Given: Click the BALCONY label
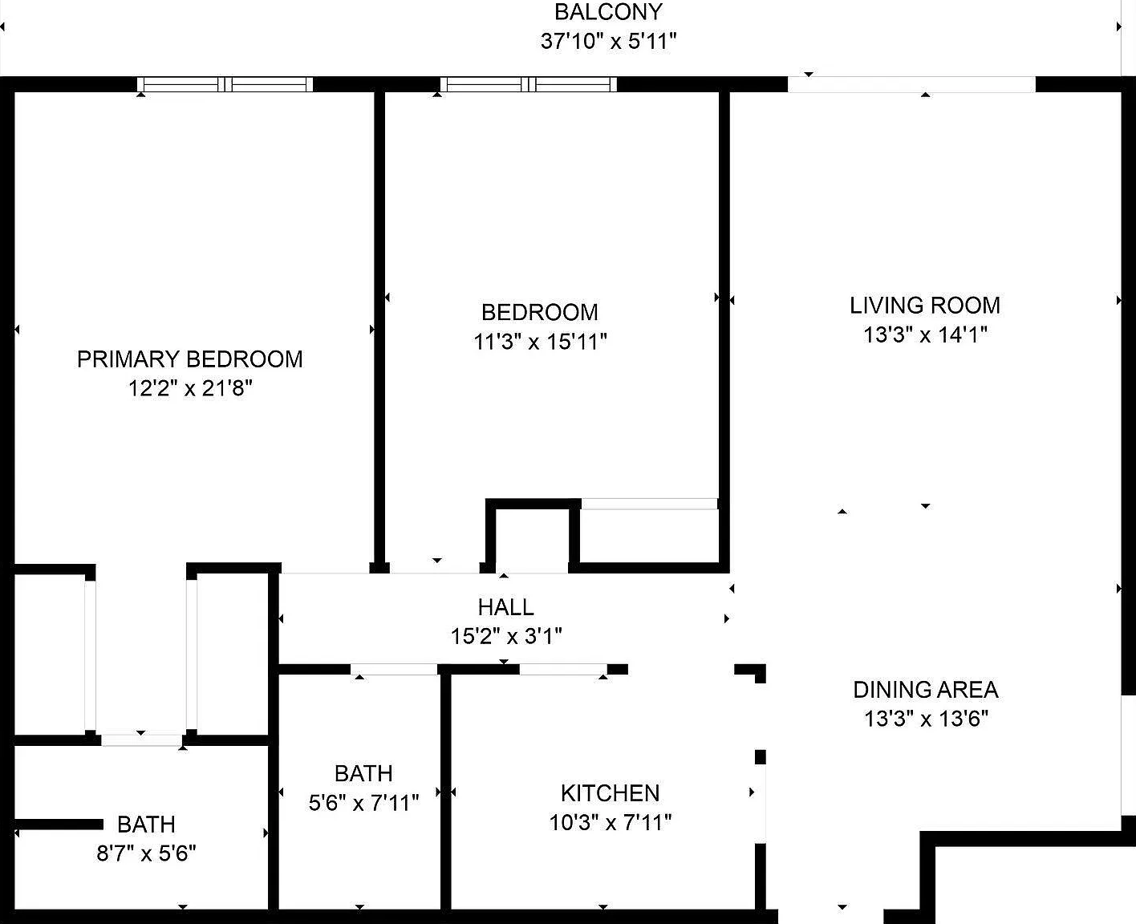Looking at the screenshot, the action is point(609,12).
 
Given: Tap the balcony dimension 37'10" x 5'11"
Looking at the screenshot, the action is point(609,41).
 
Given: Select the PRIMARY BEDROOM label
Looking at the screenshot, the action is point(190,359).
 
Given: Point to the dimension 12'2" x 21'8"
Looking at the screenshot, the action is point(190,388).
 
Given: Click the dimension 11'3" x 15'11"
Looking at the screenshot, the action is point(540,341).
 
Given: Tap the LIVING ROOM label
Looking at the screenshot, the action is point(925,306).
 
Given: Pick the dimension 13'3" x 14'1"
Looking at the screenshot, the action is point(925,334).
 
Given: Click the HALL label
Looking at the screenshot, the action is point(505,606).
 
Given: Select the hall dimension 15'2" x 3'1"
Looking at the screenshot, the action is point(506,636).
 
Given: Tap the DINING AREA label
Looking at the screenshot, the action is point(926,690).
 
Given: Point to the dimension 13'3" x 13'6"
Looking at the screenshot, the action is point(927,719).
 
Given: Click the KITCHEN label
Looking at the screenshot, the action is point(611,792).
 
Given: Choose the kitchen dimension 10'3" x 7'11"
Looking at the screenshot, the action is point(611,822).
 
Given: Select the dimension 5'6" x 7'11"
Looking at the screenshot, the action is point(363,802).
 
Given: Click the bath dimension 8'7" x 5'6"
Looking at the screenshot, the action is point(146,853).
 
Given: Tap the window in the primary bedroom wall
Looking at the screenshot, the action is point(225,84).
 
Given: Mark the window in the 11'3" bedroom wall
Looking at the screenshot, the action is point(528,84).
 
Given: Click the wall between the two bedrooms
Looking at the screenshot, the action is point(379,328).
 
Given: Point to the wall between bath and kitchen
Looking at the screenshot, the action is point(446,792).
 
